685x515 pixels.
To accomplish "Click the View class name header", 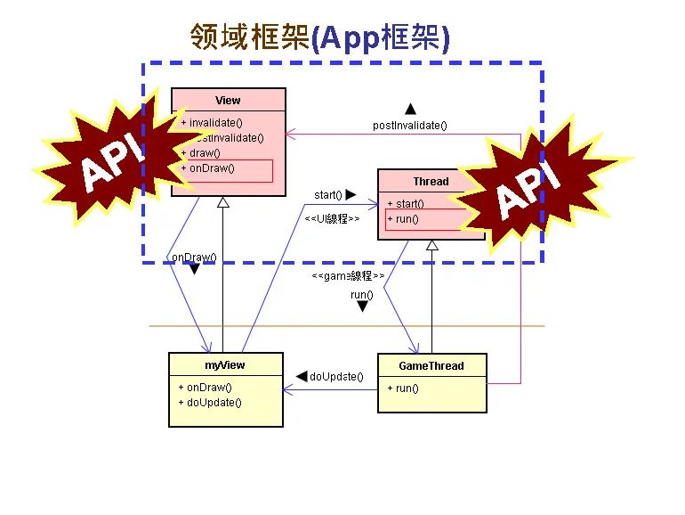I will coord(228,101).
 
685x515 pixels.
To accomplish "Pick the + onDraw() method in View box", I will coord(207,168).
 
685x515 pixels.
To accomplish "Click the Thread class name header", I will coord(431,182).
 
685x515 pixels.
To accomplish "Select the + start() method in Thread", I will coord(406,204).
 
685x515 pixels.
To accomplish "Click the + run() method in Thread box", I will coord(402,219).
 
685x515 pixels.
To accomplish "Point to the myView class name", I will coord(225,365).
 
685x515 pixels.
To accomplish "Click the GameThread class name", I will coord(432,365).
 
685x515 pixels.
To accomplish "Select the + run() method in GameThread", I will coord(402,388).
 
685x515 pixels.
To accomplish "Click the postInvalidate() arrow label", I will coord(409,126).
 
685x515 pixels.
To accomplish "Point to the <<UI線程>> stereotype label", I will coord(332,218).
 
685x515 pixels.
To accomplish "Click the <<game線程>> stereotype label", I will coord(348,276).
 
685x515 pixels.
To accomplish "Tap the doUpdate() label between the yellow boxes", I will coord(336,377).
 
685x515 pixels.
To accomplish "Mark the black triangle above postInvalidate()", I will coord(410,109).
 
